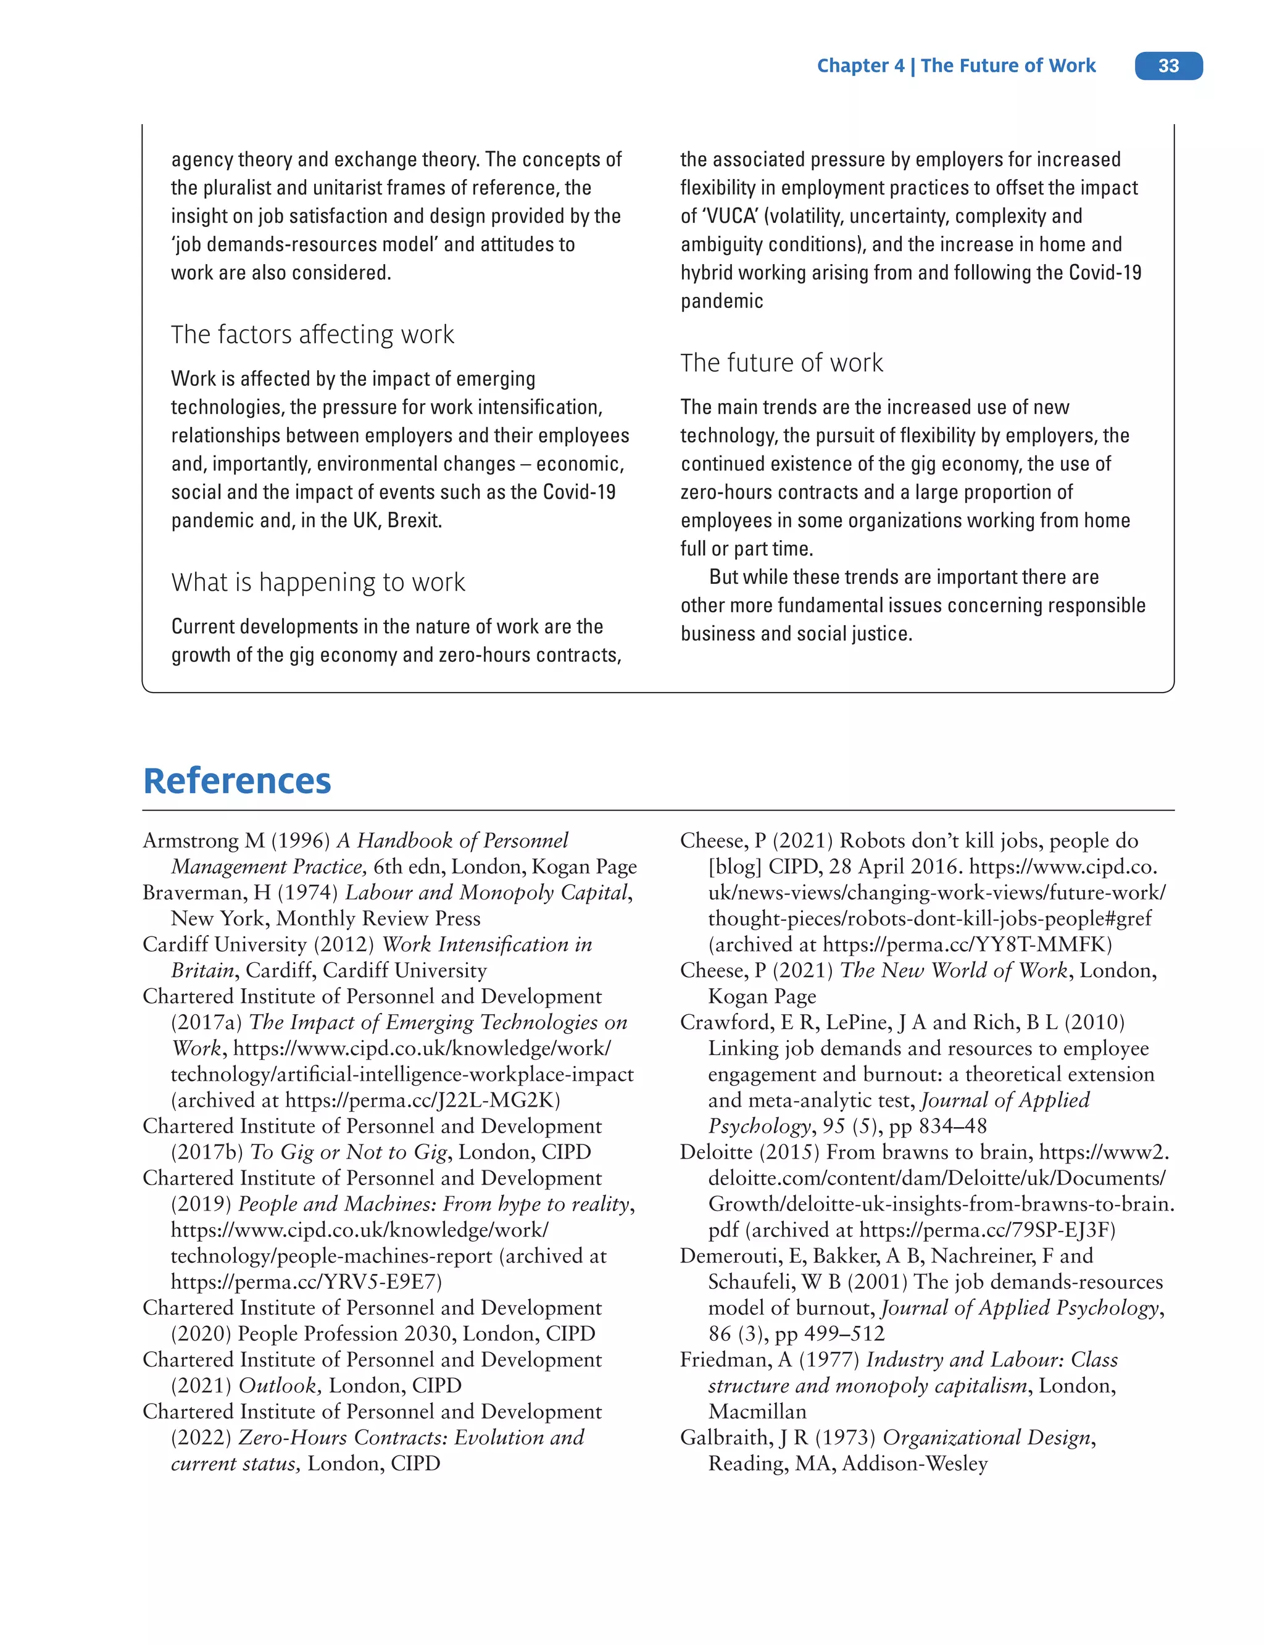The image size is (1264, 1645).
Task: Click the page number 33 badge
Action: click(x=1168, y=65)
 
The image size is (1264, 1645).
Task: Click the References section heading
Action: click(x=237, y=780)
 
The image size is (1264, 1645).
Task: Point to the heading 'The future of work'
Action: click(x=781, y=363)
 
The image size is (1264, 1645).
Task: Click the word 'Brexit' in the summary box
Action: click(x=413, y=521)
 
